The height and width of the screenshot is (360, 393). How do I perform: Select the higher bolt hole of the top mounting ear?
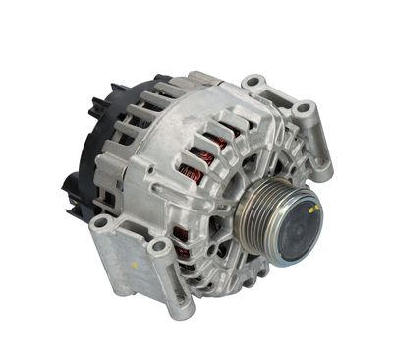(254, 82)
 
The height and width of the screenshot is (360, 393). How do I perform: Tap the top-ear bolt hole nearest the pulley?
(304, 106)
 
